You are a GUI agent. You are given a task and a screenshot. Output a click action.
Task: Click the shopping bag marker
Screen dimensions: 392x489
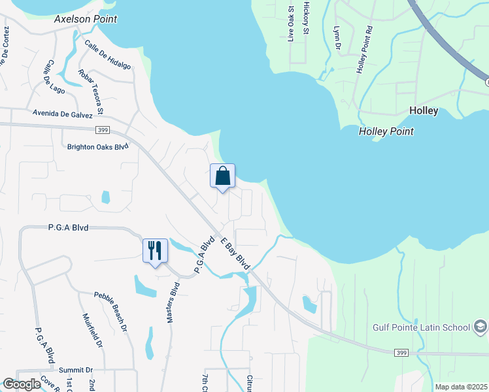tap(222, 176)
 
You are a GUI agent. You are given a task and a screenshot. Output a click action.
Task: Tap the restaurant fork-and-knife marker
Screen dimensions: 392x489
tap(155, 250)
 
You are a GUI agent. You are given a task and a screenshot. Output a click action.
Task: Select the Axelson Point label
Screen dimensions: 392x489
tap(86, 19)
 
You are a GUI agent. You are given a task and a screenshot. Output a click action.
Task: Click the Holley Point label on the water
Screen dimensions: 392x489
tap(386, 131)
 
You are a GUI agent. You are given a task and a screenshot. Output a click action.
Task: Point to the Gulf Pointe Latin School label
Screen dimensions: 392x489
tap(421, 327)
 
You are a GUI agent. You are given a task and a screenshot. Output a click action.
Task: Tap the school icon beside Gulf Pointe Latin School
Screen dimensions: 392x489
tap(480, 327)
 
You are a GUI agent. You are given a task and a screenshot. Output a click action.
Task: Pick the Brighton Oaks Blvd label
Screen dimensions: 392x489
tap(98, 147)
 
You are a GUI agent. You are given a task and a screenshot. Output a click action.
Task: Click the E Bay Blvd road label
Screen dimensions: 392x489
tap(235, 254)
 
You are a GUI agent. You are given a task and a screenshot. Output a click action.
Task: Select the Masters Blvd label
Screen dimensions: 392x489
tap(173, 302)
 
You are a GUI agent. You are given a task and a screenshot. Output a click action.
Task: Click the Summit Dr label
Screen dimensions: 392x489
tap(75, 370)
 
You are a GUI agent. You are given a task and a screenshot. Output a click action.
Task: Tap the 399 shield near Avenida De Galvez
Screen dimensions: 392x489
tap(101, 130)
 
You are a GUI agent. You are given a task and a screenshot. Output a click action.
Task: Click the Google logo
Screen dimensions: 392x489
tap(22, 384)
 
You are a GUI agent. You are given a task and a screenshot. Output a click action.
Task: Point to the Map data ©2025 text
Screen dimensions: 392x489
tap(460, 387)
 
